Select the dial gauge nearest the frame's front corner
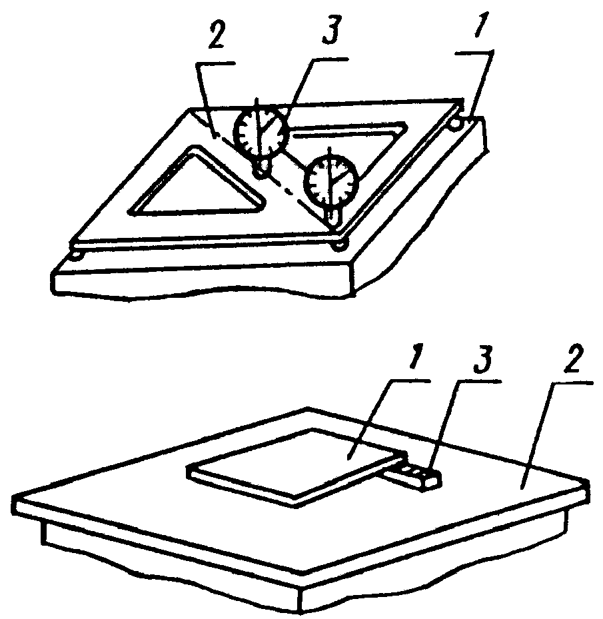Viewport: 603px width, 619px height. click(x=332, y=179)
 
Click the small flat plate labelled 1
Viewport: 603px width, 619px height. click(x=300, y=463)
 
